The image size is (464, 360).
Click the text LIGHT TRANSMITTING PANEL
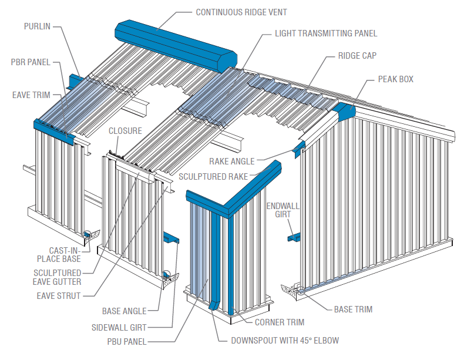326,33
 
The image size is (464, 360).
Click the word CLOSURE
125,130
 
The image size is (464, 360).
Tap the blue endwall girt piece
294,237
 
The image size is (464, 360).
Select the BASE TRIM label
353,309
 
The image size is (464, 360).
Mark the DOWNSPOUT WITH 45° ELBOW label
284,340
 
